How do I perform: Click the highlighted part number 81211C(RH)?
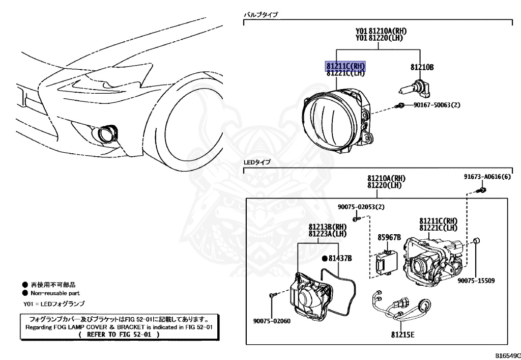point(346,66)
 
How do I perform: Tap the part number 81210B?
point(422,67)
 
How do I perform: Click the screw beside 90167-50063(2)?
point(401,106)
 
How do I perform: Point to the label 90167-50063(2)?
point(437,106)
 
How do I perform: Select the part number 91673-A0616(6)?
point(487,177)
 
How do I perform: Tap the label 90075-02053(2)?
point(361,207)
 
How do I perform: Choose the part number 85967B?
point(389,237)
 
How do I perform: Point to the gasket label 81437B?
point(339,258)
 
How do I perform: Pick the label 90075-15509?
point(476,281)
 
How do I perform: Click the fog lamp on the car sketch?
point(107,134)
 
